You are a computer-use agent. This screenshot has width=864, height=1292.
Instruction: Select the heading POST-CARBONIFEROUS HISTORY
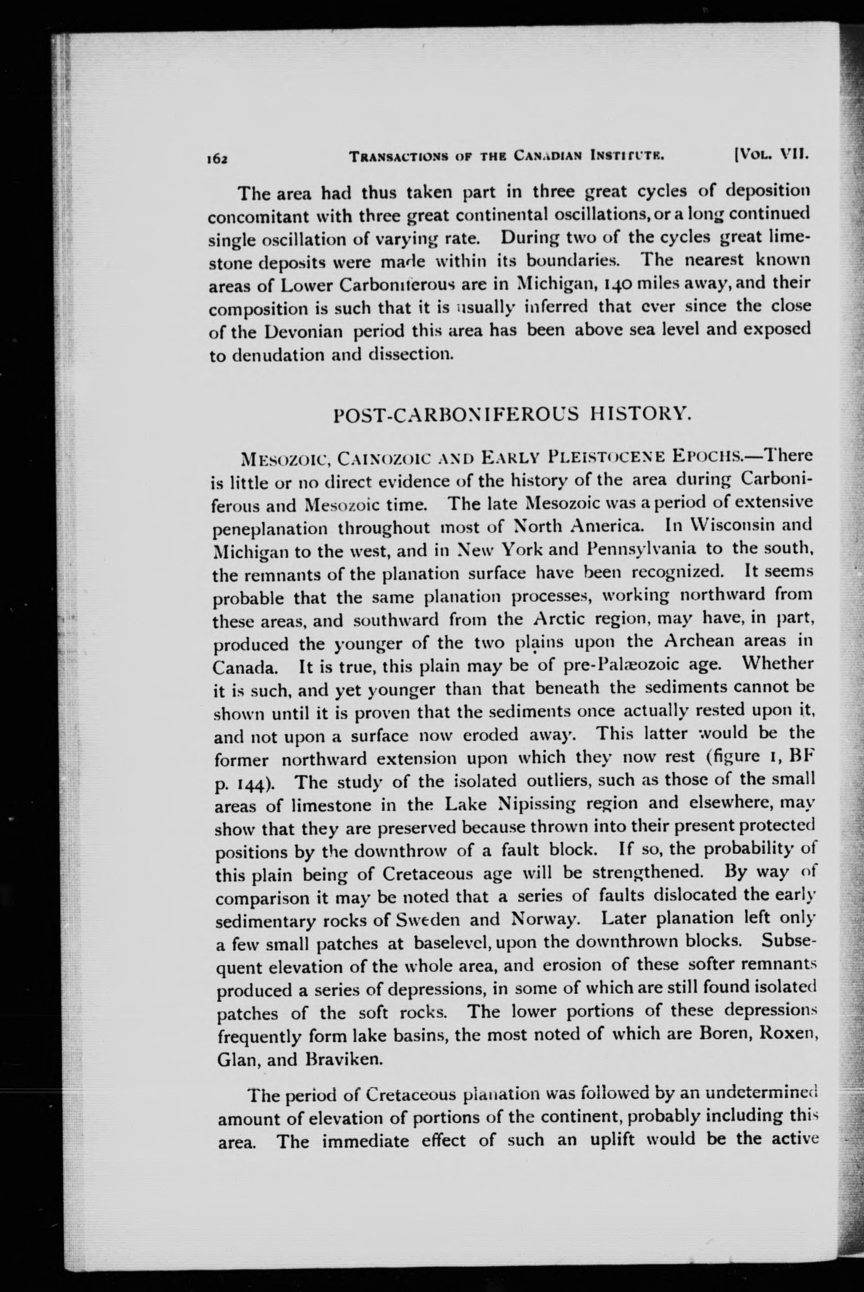point(512,413)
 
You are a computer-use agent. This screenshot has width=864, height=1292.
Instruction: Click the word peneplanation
point(270,528)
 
